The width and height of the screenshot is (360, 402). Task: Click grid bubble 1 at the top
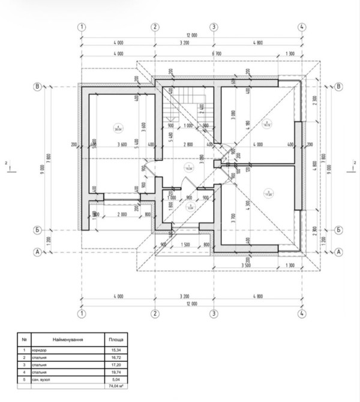82,27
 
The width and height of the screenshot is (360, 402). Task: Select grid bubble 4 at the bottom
302,313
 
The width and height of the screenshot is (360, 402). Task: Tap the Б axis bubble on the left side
38,230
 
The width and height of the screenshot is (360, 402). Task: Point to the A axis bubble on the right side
339,253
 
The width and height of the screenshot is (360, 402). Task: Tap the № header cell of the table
24,339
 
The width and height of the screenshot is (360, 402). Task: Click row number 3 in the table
24,365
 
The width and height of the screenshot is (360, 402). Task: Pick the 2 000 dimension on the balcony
122,214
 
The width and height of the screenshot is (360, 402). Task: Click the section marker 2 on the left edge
7,163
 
